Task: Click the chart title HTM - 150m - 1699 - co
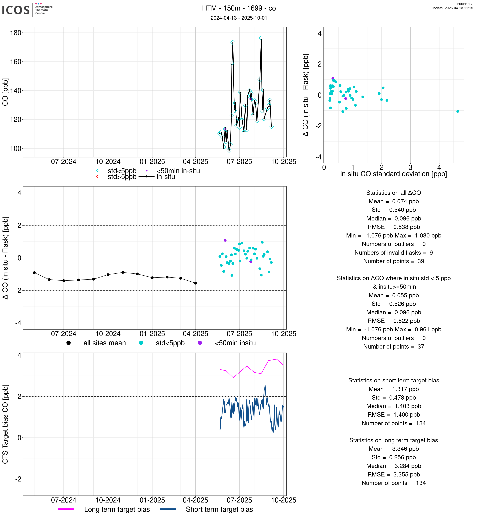[x=239, y=8]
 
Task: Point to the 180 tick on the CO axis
[x=16, y=33]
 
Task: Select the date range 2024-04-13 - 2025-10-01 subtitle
[x=239, y=18]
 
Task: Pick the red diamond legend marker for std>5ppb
[x=98, y=177]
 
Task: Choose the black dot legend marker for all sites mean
[x=69, y=343]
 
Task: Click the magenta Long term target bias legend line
[x=66, y=509]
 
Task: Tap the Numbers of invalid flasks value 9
[x=431, y=253]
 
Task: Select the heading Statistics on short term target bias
[x=393, y=380]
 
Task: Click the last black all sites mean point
[x=196, y=283]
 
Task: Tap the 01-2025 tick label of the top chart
[x=152, y=162]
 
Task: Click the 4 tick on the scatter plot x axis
[x=439, y=167]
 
